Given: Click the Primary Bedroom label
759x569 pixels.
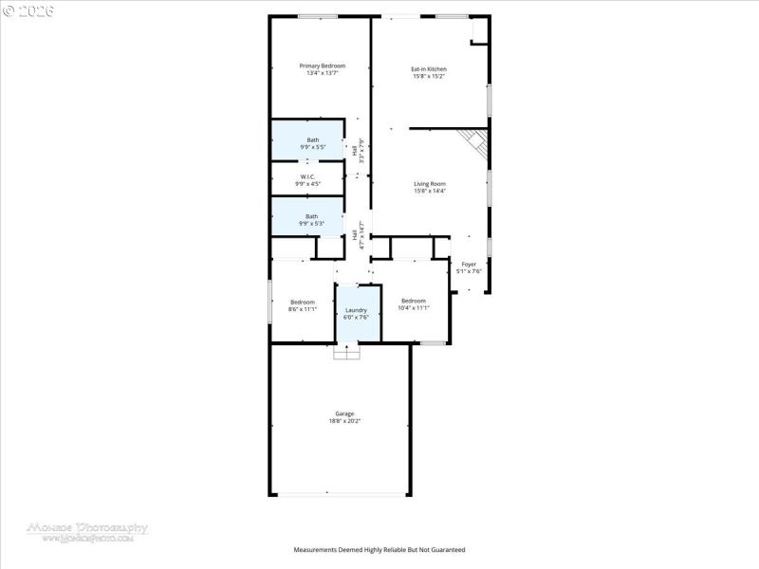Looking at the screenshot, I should click(x=322, y=65).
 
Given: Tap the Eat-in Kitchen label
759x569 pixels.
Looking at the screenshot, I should click(x=429, y=68).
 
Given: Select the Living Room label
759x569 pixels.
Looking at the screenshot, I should click(x=429, y=183).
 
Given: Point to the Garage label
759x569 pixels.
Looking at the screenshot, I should click(x=343, y=413).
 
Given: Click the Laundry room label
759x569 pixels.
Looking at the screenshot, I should click(x=356, y=310).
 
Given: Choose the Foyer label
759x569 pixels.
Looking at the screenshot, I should click(x=469, y=265).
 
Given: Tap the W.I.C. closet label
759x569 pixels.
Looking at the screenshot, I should click(x=307, y=176).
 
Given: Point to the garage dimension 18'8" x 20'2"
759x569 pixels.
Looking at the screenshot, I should click(x=343, y=421).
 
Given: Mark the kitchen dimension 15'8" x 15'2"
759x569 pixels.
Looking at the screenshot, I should click(x=429, y=77).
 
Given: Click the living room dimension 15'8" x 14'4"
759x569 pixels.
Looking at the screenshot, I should click(x=429, y=192).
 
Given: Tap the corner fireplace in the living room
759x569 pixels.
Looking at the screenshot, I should click(x=475, y=144).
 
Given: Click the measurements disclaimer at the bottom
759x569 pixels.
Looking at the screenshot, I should click(x=379, y=549).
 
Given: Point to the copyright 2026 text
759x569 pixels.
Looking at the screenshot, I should click(x=30, y=10).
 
